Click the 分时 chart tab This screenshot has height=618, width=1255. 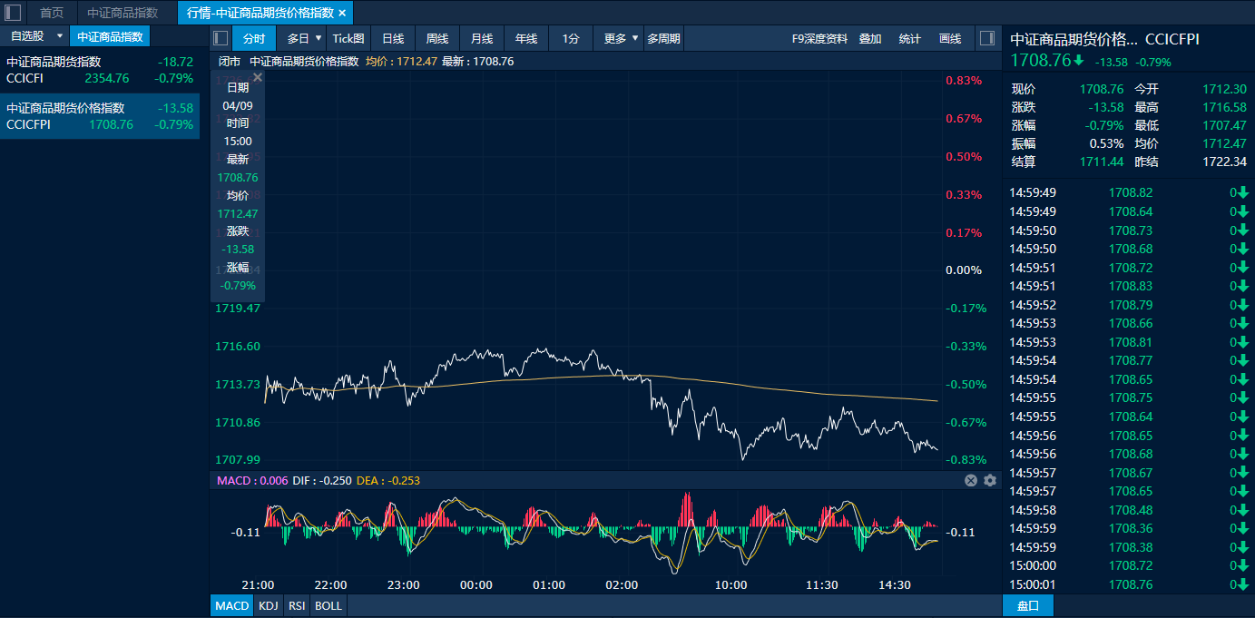254,38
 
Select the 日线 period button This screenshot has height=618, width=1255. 393,38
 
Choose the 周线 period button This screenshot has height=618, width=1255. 437,38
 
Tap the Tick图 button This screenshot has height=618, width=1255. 348,38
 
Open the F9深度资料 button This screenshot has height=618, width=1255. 819,38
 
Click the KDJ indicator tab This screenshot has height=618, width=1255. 268,605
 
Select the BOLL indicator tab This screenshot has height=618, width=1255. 328,605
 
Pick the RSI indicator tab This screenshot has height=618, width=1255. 296,605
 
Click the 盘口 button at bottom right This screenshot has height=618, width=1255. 1028,605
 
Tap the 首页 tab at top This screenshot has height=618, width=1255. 52,13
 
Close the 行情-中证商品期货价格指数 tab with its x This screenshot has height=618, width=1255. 342,13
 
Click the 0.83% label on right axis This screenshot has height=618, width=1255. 964,81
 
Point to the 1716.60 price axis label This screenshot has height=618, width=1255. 238,347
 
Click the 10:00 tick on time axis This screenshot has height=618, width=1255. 730,585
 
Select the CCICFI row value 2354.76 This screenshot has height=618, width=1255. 107,78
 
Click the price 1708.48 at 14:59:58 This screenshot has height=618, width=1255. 1131,510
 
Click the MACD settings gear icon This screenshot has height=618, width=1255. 990,480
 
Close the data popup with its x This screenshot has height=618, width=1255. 258,78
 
